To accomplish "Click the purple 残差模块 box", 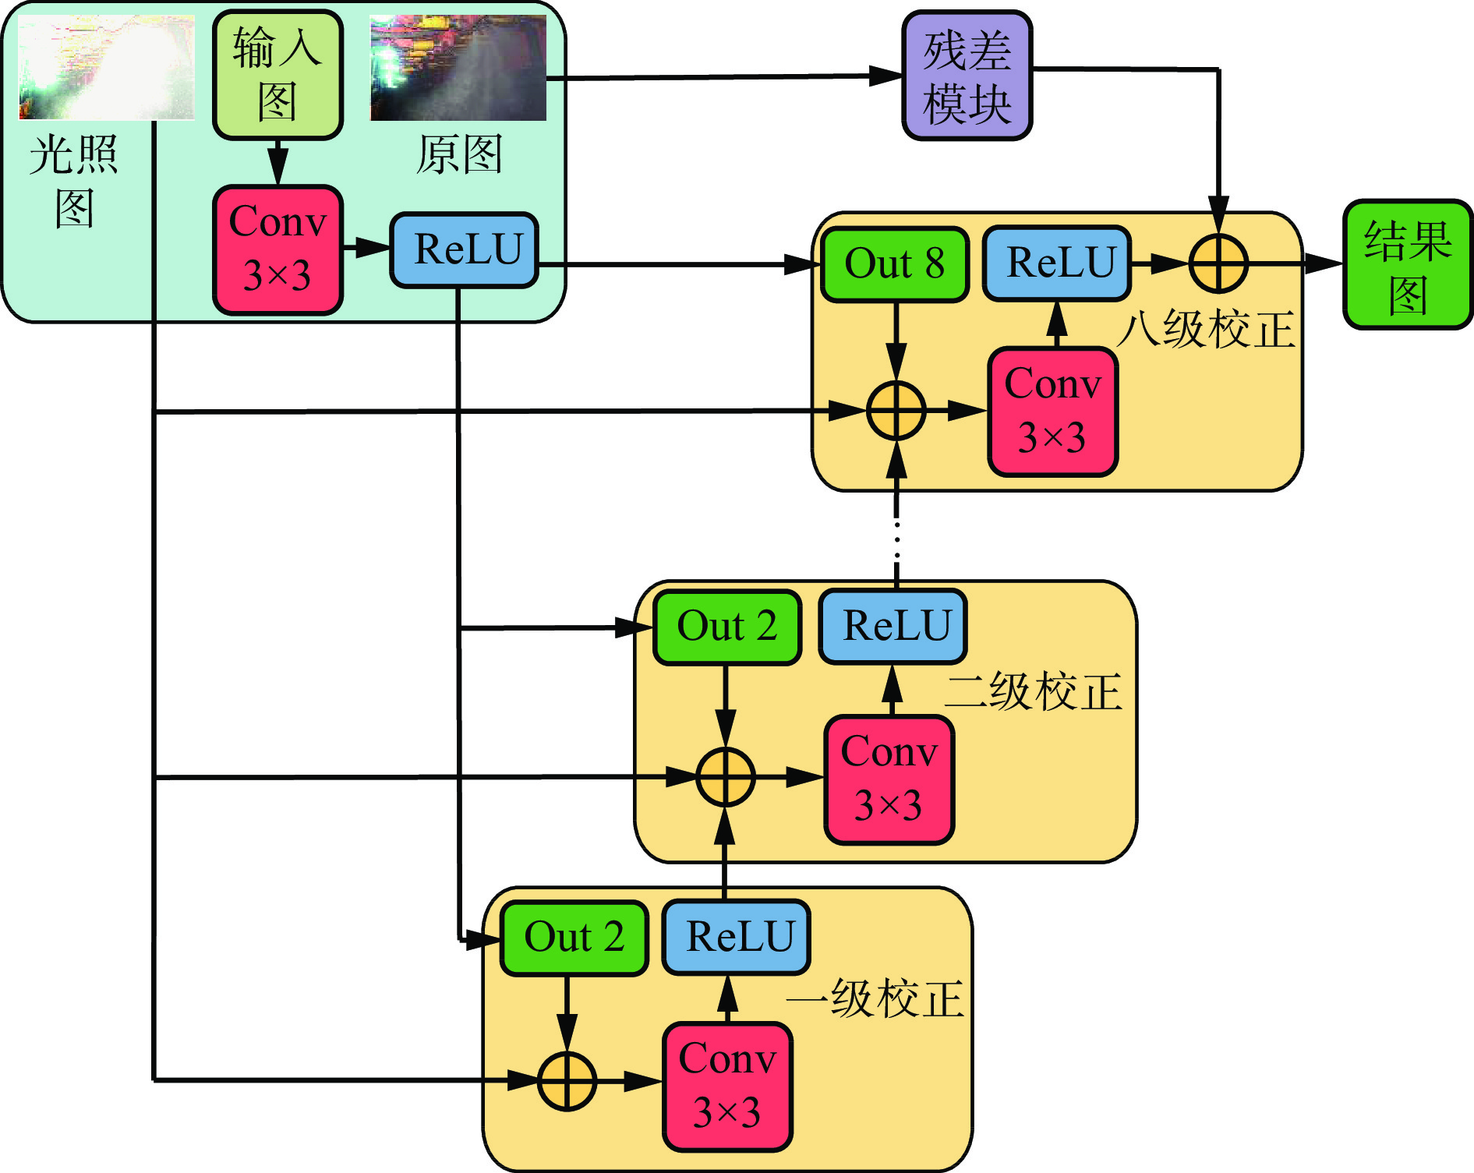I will pos(967,76).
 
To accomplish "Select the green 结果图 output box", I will pos(1408,264).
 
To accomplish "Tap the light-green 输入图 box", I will pos(277,75).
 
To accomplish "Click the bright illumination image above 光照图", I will pos(106,68).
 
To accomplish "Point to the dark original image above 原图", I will pos(458,68).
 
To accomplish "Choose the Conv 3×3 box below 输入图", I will pos(277,249).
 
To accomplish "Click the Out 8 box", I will pos(894,263).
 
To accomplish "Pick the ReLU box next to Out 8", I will pos(1057,263).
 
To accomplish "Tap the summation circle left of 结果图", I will pos(1218,263).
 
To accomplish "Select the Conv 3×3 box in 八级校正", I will pos(1052,411).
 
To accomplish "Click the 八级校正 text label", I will pos(1205,329).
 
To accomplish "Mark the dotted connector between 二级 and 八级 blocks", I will pos(896,538).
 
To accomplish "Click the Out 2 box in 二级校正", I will pos(726,627).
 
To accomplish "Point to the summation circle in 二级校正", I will pos(725,777).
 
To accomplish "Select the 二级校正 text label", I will pos(1034,692).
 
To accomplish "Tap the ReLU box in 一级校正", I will pos(737,937).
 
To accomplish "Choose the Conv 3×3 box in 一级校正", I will pos(727,1086).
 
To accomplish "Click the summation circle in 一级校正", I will pos(567,1081).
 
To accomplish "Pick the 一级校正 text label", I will pos(875,998).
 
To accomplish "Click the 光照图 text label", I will pos(74,181).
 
